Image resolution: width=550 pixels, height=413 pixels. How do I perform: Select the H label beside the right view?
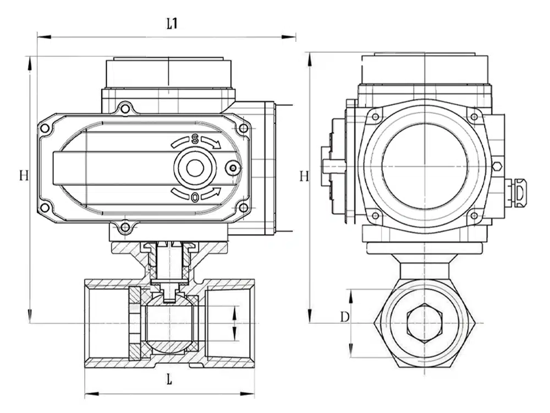click(304, 176)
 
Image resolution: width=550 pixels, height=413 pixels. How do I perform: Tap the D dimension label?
click(344, 317)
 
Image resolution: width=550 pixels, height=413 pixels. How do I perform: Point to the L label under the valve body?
click(169, 379)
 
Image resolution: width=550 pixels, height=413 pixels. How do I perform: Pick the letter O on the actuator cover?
click(195, 197)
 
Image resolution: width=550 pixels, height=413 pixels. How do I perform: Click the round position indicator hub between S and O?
click(195, 168)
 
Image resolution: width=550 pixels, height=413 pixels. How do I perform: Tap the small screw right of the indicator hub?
click(233, 168)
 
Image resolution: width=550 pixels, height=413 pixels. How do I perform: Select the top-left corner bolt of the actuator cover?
click(45, 128)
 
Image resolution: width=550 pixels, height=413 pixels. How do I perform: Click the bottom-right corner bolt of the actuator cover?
click(242, 208)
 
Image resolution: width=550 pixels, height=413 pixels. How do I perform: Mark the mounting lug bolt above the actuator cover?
click(125, 108)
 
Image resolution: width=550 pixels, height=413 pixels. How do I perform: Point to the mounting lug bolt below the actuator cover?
click(125, 226)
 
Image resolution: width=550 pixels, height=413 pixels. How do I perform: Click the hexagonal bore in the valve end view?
click(424, 322)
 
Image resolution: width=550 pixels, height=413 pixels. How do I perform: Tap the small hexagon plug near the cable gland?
click(497, 166)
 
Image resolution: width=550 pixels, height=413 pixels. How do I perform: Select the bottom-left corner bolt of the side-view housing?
click(375, 215)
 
